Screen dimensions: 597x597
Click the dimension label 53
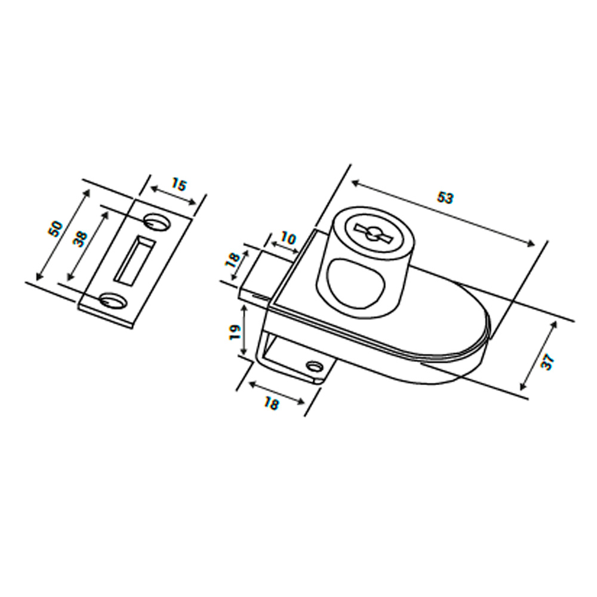click(x=445, y=198)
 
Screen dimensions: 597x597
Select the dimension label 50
click(x=56, y=229)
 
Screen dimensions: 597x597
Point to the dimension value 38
click(x=81, y=239)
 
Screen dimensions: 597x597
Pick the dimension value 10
click(x=288, y=239)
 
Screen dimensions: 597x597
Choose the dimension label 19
click(x=236, y=332)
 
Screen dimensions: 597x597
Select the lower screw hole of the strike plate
click(x=113, y=300)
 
